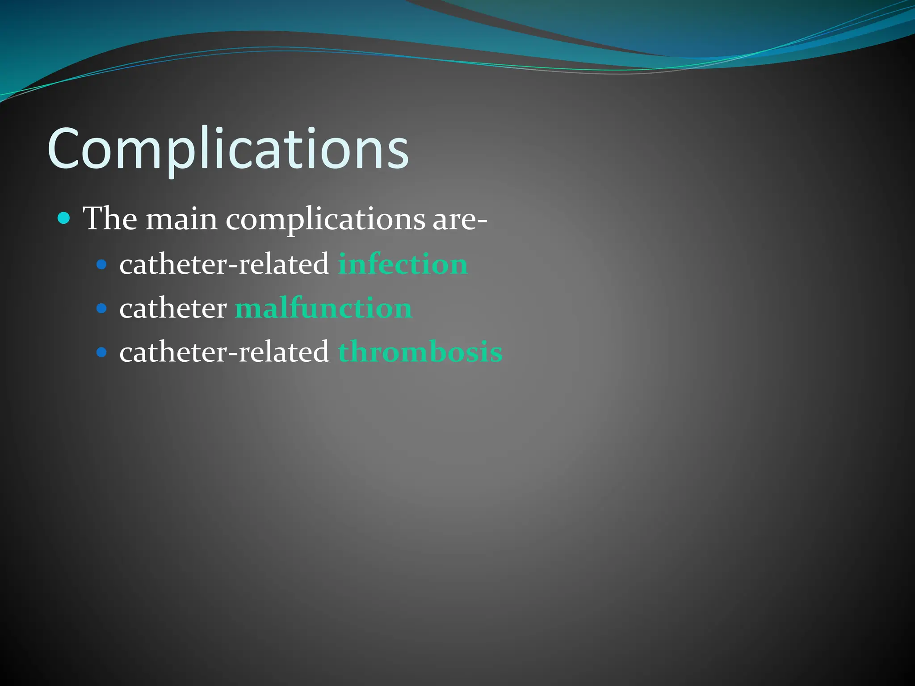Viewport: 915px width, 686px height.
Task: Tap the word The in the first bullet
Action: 110,219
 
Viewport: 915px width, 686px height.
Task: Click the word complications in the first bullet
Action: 325,220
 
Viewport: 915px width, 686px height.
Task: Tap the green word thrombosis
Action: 420,352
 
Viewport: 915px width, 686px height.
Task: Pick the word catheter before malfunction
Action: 173,308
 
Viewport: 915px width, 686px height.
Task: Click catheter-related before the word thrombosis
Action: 224,352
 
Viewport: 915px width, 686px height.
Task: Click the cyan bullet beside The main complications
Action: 64,218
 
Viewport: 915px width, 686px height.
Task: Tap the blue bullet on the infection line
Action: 102,264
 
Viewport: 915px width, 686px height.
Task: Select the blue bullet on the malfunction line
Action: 102,308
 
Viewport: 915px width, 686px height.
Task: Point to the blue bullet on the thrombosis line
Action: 102,352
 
